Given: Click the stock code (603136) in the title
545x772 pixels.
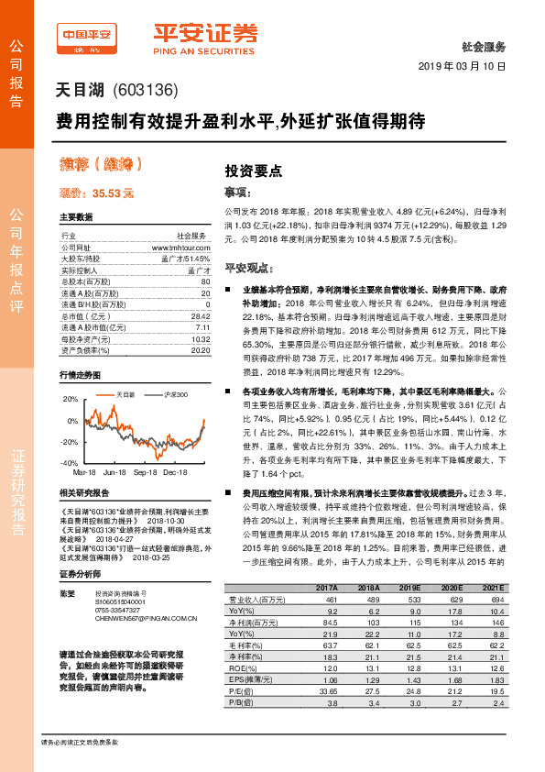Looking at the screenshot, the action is click(150, 91).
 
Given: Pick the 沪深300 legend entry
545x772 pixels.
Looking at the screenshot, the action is click(175, 394).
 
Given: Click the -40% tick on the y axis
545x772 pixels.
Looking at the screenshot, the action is click(70, 463).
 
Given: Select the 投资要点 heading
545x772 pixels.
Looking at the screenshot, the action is click(254, 171).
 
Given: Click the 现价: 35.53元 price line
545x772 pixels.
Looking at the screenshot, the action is click(97, 193).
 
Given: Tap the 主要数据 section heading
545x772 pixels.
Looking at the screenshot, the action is click(76, 218).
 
